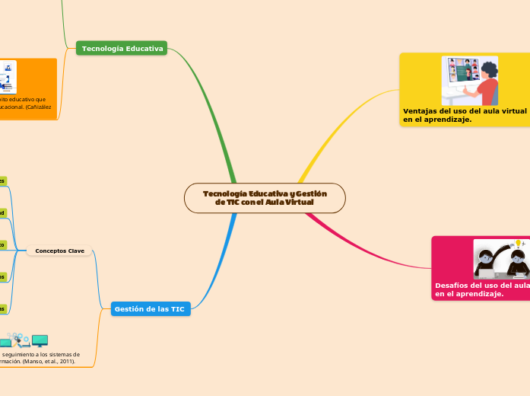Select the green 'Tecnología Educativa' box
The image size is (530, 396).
coord(122,49)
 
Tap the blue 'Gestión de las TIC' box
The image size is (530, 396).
coord(151,309)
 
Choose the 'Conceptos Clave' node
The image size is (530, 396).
coord(59,251)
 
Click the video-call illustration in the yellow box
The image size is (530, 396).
coord(469,81)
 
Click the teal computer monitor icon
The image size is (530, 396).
coord(40,340)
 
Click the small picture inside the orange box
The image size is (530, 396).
coord(7,77)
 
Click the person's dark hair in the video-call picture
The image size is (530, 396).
coord(488,69)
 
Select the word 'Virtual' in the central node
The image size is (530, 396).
coord(300,202)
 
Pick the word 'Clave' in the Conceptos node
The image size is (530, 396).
coord(75,251)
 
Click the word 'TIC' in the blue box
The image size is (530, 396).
coord(177,309)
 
